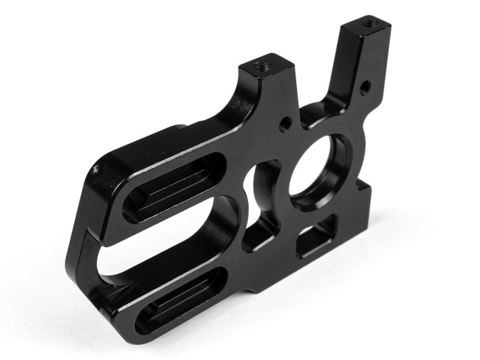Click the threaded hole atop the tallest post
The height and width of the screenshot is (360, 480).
pyautogui.click(x=367, y=26)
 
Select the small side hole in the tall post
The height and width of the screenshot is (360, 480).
pyautogui.click(x=364, y=87)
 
